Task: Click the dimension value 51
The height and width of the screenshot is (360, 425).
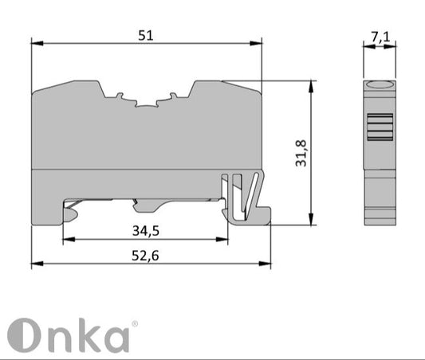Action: pos(144,34)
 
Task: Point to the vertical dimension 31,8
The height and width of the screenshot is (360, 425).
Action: pos(301,152)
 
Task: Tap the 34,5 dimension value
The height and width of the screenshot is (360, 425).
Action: pos(145,231)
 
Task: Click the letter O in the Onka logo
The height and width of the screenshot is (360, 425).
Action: pos(24,335)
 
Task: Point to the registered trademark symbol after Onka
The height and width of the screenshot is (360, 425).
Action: pos(134,323)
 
